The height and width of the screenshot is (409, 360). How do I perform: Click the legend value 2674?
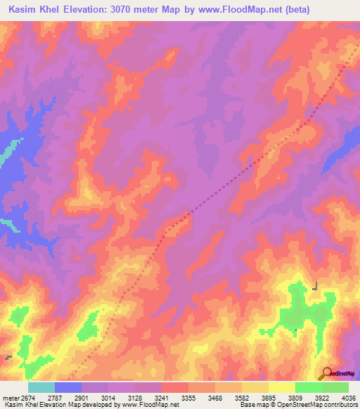[28, 398]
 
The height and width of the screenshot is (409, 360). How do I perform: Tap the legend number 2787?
[56, 398]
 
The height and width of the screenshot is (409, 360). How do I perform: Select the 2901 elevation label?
[82, 398]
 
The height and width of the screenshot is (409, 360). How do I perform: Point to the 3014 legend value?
[109, 398]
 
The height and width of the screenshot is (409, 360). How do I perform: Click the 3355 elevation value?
[189, 398]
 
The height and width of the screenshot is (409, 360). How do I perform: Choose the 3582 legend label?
[243, 398]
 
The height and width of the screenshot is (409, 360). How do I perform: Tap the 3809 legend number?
[295, 398]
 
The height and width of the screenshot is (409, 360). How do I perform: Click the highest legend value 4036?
[349, 398]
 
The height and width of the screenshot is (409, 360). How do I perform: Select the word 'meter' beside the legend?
[11, 398]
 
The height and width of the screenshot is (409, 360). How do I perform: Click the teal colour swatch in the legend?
[41, 387]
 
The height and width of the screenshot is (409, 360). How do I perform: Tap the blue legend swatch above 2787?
[68, 387]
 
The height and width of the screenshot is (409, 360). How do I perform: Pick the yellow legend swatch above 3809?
[282, 387]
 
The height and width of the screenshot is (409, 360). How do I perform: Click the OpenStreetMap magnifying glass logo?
[327, 372]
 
